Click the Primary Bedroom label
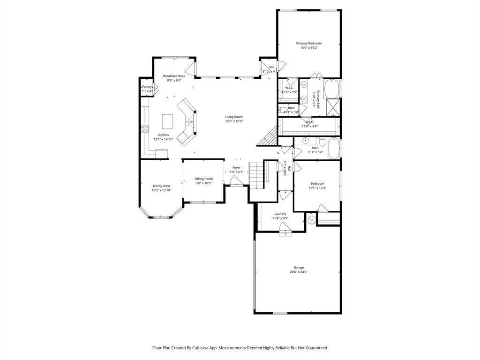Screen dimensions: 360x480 (308, 43)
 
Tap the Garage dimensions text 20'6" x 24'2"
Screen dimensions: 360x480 (299, 272)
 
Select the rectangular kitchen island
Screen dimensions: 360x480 (168, 121)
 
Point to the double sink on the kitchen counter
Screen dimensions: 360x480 (189, 121)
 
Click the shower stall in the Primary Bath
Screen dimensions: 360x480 (332, 107)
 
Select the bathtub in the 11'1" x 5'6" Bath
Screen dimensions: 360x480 (333, 148)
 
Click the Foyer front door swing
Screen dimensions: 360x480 (236, 181)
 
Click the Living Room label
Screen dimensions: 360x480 (233, 117)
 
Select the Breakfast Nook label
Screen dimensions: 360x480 (174, 75)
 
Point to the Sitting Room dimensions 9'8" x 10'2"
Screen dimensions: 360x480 (203, 183)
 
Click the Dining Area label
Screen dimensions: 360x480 (161, 186)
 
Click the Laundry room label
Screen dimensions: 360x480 (280, 214)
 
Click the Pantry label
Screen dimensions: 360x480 (147, 87)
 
